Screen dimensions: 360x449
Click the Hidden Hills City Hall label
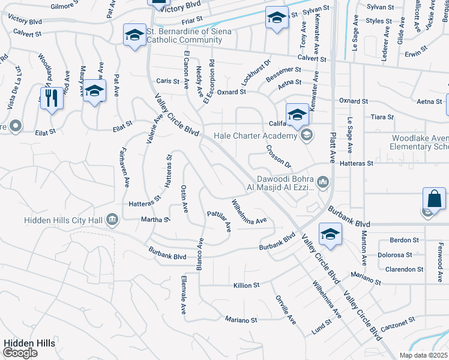[x=63, y=220]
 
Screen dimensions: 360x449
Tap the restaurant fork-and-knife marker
[x=52, y=98]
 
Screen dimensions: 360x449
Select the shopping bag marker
[x=434, y=199]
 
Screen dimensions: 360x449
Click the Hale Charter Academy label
[x=256, y=136]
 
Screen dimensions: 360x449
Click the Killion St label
[x=246, y=286]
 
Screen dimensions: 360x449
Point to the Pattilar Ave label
[x=219, y=221]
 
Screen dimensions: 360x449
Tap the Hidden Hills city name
[x=29, y=343]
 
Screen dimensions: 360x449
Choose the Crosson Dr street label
[x=279, y=156]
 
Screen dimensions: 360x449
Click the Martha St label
[x=155, y=220]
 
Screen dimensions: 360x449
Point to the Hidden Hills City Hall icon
[x=112, y=220]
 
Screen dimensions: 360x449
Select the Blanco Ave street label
[x=200, y=254]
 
